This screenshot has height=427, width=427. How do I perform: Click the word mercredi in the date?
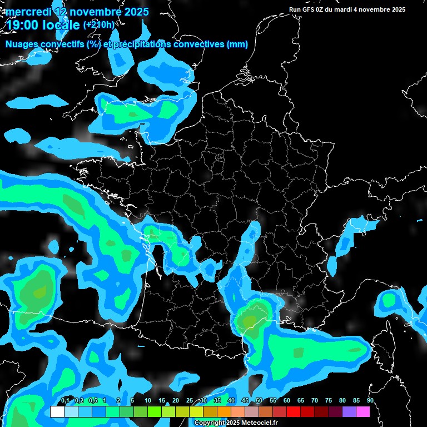(x=28, y=12)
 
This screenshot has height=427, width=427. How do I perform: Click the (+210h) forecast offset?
(x=99, y=24)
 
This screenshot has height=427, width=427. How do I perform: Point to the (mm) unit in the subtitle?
(x=237, y=44)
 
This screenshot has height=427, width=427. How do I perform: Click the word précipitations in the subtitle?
(x=142, y=44)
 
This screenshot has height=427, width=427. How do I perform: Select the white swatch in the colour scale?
(x=57, y=412)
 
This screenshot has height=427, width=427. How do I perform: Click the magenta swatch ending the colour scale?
(x=363, y=412)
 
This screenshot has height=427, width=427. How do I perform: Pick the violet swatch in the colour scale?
(x=349, y=412)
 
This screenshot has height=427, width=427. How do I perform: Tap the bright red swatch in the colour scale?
(x=293, y=412)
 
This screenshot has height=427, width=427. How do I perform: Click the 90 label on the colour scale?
(x=370, y=401)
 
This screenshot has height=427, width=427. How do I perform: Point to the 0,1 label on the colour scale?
(x=64, y=401)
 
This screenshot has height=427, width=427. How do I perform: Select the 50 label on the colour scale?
(x=259, y=401)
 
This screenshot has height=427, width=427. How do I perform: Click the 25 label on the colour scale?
(x=190, y=401)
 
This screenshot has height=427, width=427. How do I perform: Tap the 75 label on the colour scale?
(x=329, y=401)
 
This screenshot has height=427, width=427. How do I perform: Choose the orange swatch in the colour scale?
(x=224, y=412)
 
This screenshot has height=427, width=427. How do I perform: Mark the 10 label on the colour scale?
(x=148, y=401)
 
